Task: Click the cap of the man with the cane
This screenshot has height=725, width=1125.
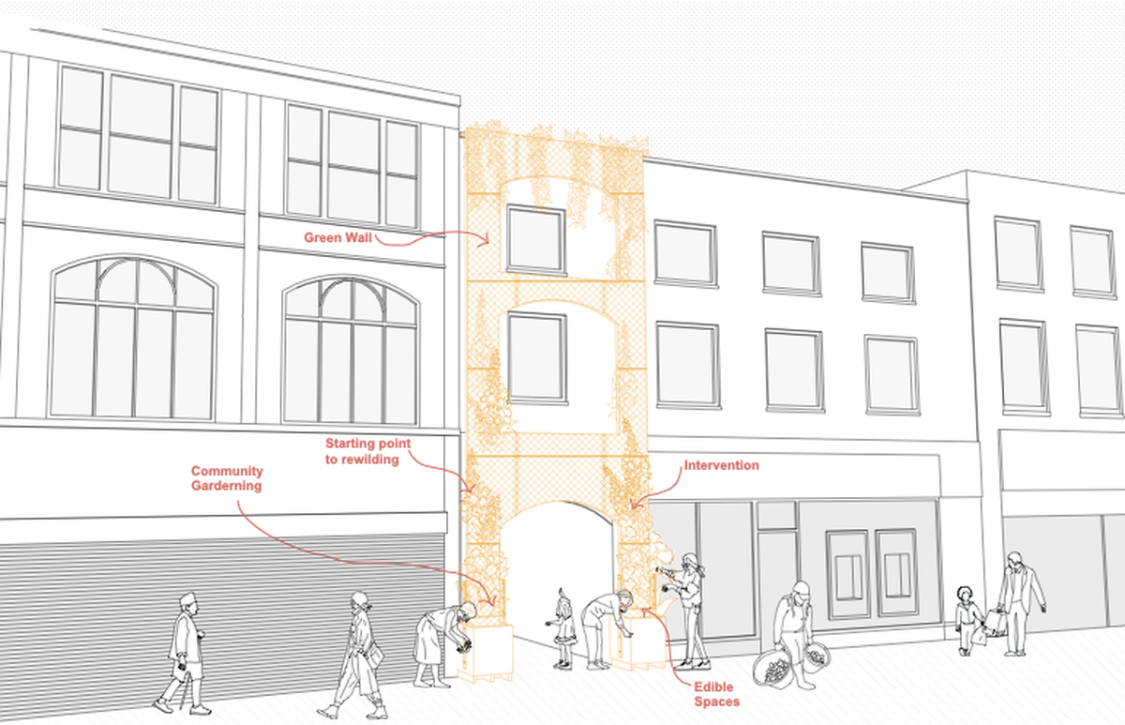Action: click(187, 599)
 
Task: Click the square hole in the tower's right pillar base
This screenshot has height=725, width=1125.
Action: click(646, 643)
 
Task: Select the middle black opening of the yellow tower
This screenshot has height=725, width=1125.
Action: click(553, 366)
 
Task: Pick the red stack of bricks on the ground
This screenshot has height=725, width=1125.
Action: click(718, 693)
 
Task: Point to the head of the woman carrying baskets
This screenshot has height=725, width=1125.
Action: click(799, 592)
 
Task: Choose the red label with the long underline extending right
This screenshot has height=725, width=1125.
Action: click(718, 467)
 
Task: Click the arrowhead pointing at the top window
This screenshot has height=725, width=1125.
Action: click(485, 241)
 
